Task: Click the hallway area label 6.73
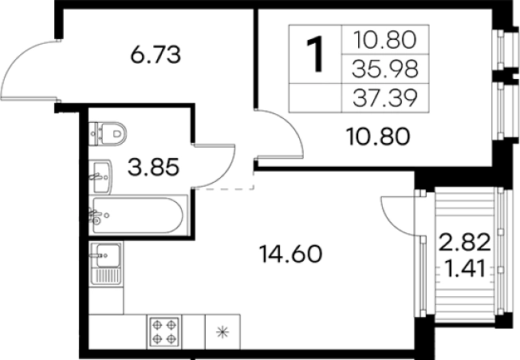point(156,55)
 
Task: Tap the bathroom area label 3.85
point(154,167)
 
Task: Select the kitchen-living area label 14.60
point(292,254)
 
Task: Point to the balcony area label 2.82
point(464,242)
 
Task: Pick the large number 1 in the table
point(315,54)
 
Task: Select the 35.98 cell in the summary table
point(384,69)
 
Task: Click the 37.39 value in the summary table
point(384,98)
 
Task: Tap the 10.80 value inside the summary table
point(384,39)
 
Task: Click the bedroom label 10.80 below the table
point(378,136)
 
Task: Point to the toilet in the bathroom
point(108,133)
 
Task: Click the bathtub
point(138,216)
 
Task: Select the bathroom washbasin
point(100,176)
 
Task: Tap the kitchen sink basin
point(108,255)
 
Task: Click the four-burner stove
point(164,330)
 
